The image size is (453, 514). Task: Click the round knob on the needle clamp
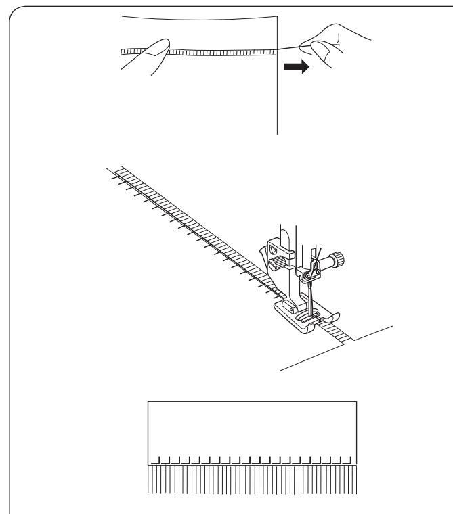tap(333, 260)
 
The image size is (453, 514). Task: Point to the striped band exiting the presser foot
tap(336, 332)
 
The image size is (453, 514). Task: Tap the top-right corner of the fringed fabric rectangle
tap(356, 402)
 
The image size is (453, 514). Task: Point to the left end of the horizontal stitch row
tap(123, 51)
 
